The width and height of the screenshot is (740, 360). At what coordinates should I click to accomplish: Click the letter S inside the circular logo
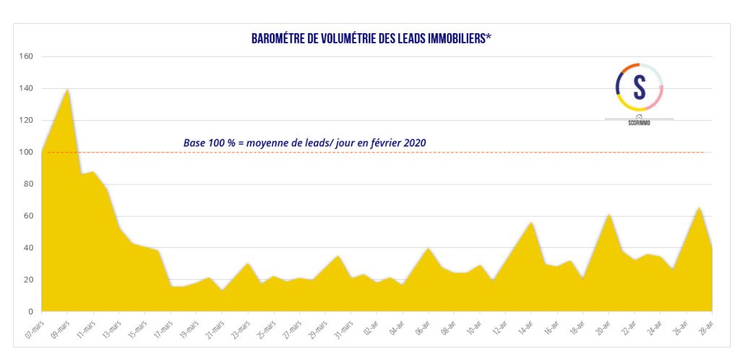pyautogui.click(x=639, y=87)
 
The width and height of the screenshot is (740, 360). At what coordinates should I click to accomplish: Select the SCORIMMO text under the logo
pyautogui.click(x=639, y=123)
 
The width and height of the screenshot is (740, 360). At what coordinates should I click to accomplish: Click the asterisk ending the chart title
pyautogui.click(x=489, y=37)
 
